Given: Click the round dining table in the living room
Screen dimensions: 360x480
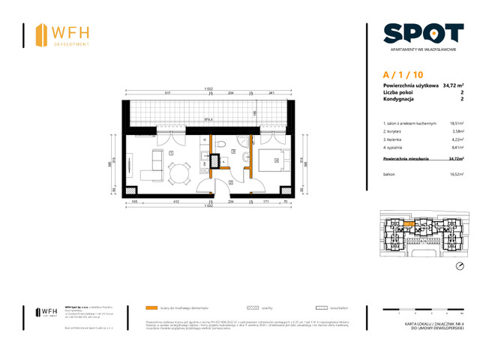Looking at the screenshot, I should pos(177,176).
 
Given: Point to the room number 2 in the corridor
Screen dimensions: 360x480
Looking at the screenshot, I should pos(230,181).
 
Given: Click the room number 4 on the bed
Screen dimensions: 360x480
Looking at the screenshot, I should pos(277,160).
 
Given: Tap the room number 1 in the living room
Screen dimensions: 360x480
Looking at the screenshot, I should pos(172,153).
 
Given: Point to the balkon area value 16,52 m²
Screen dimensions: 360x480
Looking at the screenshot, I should pos(455,174).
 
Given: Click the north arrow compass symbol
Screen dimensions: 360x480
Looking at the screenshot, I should pos(459,266).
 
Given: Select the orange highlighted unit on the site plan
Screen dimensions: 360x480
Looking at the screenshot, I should pos(409,222).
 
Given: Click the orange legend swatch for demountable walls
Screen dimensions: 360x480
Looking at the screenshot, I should pos(152,308).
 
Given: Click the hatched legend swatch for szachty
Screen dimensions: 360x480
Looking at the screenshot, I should pos(245,308).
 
